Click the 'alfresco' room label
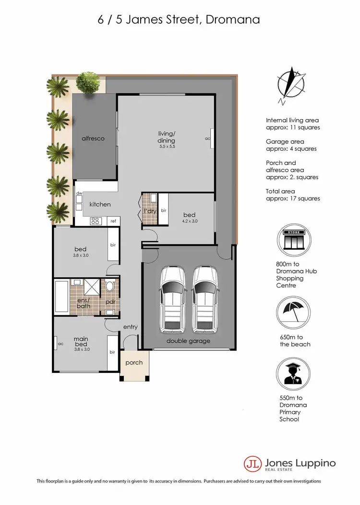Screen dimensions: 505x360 93,138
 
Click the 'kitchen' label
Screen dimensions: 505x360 100,204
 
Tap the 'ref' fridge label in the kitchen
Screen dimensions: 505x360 113,221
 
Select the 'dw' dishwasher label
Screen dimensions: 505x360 79,193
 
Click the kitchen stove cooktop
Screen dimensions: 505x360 95,221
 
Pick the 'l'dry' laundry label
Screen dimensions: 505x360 149,211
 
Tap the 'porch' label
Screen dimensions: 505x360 134,362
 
